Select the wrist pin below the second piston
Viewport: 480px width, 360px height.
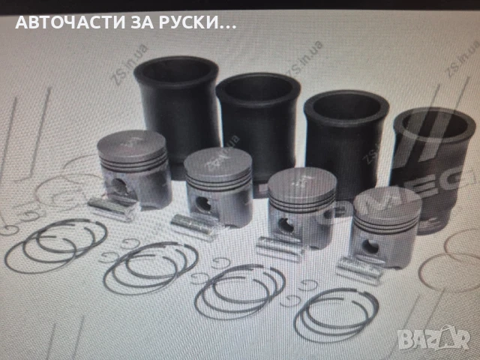pos(194,224)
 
